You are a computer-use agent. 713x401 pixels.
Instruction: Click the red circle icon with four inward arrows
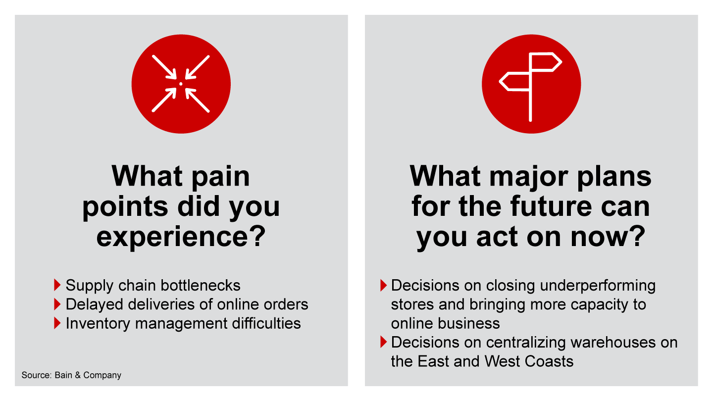click(181, 84)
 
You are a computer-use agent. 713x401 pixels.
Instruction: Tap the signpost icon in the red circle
click(531, 86)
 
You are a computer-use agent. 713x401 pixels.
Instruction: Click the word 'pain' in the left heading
click(221, 176)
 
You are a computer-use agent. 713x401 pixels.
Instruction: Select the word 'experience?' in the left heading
click(181, 237)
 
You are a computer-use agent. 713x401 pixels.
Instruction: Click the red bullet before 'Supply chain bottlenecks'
click(57, 285)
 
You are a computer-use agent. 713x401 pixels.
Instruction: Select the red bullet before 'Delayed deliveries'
click(57, 304)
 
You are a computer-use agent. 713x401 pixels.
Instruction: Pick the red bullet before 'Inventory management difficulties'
click(57, 323)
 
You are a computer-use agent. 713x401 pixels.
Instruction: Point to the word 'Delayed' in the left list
click(94, 304)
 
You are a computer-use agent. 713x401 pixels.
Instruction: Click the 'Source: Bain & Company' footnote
click(71, 375)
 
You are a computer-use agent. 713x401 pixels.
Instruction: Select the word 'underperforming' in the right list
click(598, 286)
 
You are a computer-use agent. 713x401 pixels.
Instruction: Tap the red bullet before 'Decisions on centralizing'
click(384, 342)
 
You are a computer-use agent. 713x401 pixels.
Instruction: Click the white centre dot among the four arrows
click(181, 84)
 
